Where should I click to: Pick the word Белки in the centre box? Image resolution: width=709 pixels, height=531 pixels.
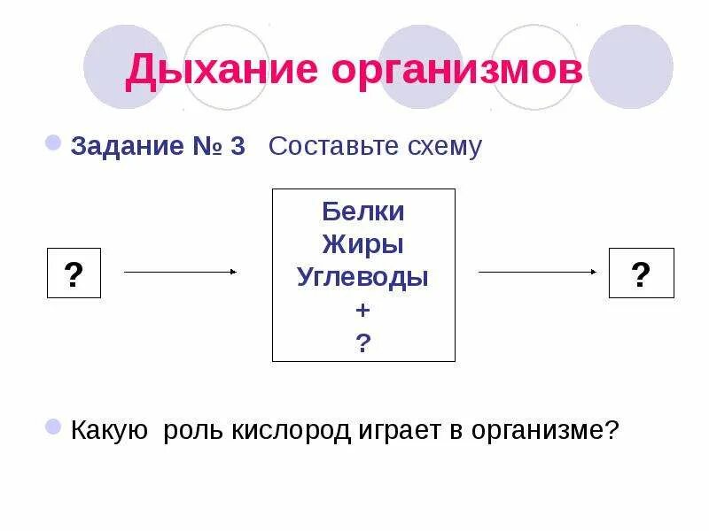[363, 212]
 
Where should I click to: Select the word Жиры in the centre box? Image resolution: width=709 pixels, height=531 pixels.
[363, 244]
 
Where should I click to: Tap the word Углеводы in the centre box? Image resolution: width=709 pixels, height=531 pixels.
[363, 277]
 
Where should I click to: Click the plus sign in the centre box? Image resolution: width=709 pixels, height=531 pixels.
[363, 310]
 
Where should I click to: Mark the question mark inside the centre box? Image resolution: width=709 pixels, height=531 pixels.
[363, 342]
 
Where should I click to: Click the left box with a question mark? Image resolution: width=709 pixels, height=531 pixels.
[74, 273]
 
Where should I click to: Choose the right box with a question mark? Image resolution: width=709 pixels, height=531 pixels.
[642, 273]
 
